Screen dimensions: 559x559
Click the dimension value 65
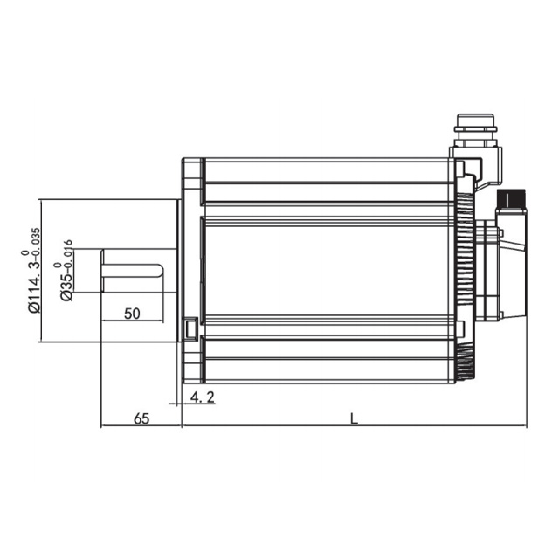[141, 418]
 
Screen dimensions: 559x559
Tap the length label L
[354, 418]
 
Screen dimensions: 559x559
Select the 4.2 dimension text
[202, 397]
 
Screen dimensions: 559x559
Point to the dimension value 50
[132, 314]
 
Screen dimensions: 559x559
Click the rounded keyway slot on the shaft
[133, 270]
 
